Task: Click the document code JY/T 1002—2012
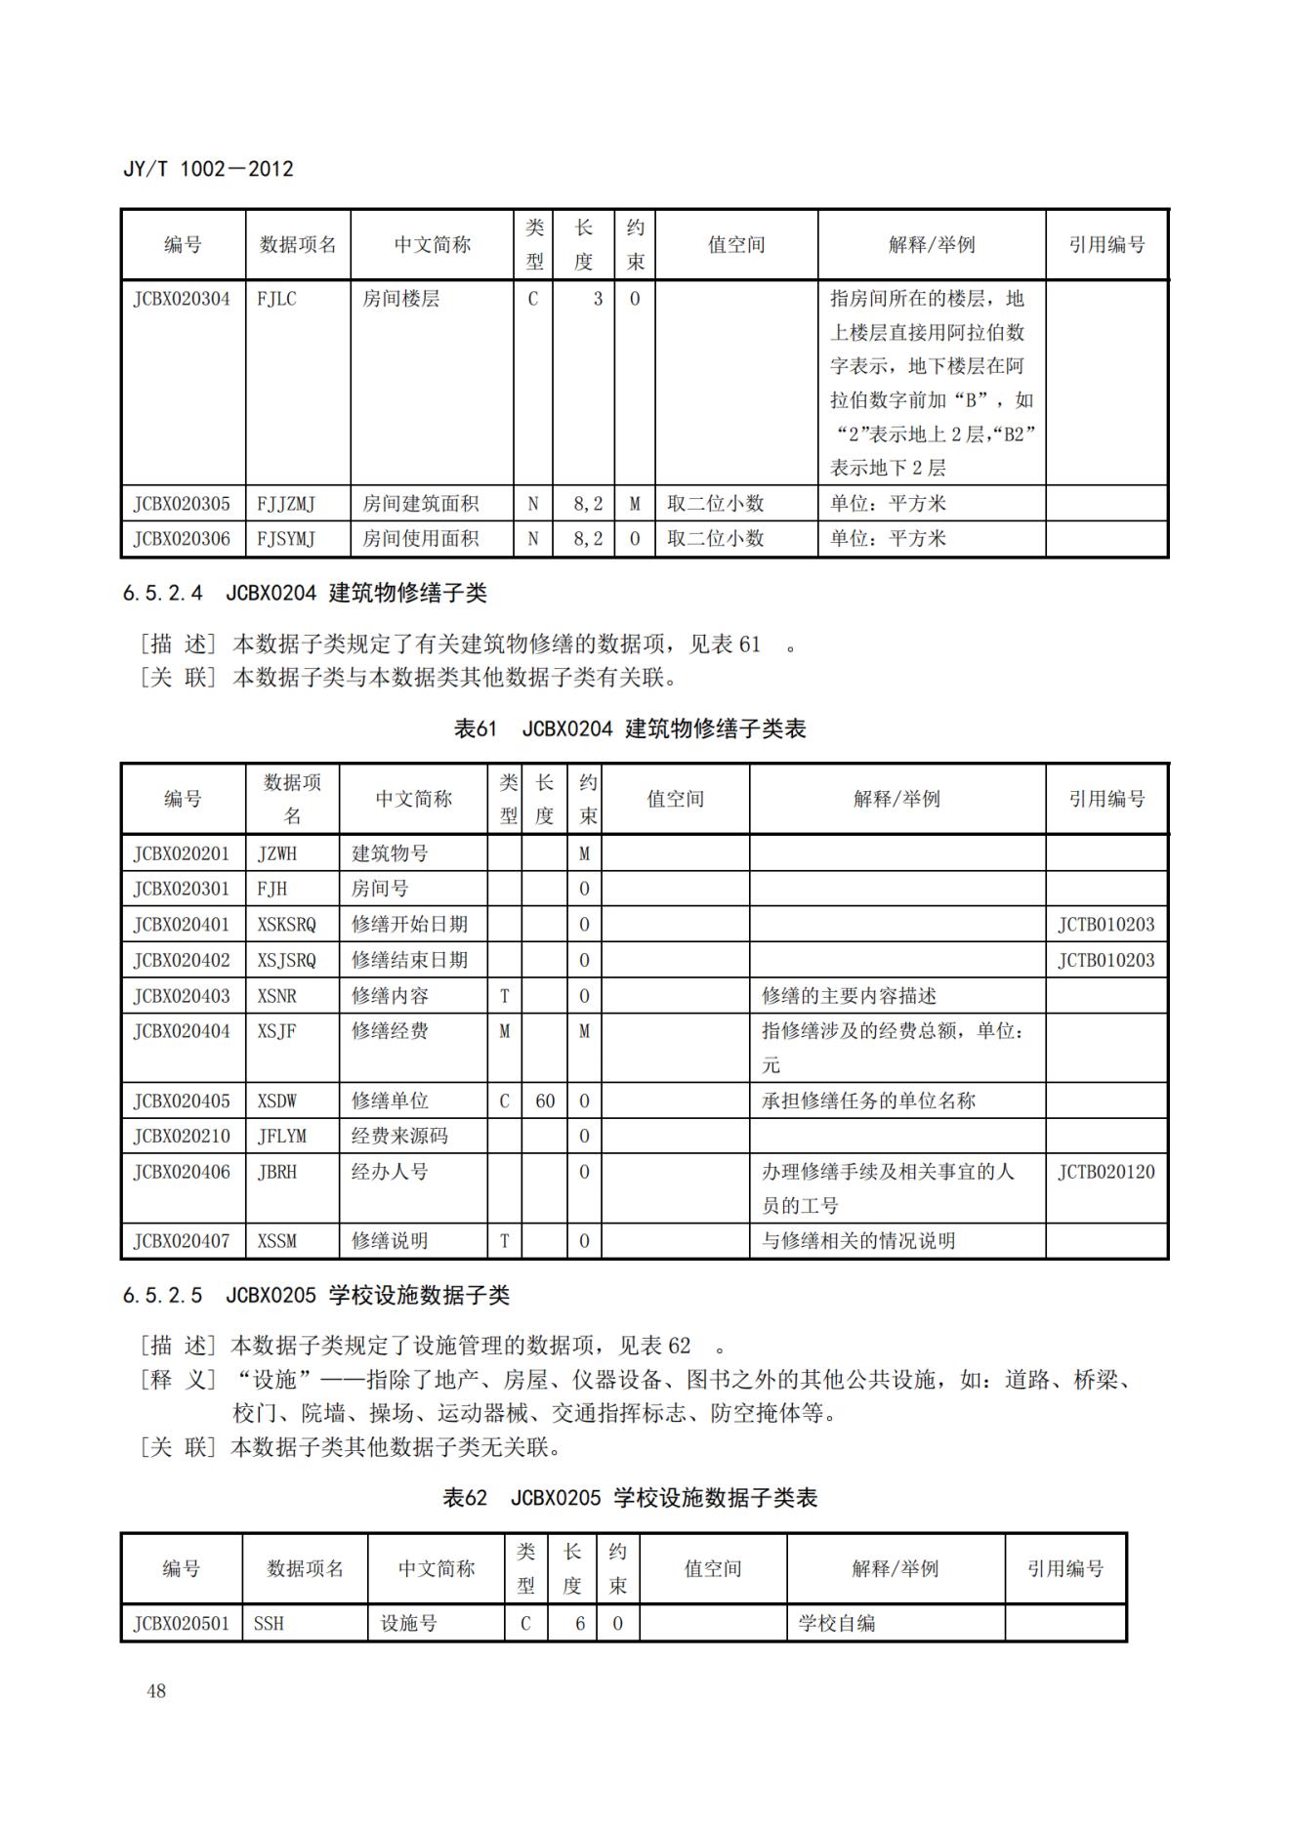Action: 208,169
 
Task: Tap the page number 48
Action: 156,1690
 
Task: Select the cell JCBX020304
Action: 182,299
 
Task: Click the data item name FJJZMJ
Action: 286,504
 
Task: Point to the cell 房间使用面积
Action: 420,538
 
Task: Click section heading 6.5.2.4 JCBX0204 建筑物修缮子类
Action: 305,593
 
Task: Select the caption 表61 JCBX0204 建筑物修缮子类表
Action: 630,728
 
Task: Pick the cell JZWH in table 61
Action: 277,853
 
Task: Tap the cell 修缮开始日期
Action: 409,924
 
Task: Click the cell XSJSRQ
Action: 286,960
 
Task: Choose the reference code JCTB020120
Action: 1105,1172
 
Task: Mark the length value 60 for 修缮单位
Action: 544,1100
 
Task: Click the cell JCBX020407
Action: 182,1241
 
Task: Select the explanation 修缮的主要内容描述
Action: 849,996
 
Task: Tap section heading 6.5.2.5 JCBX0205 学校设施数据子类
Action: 315,1296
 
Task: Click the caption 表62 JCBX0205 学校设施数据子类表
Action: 630,1498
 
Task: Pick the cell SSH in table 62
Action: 269,1624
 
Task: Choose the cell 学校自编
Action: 837,1624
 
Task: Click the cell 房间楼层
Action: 400,299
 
